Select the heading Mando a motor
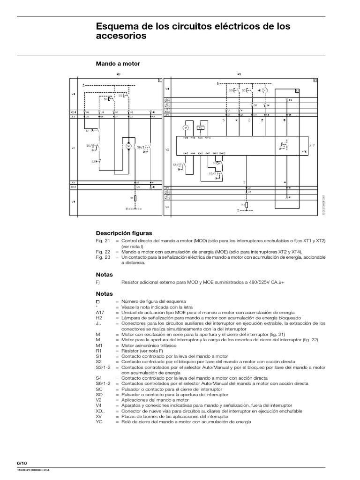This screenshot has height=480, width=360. click(118, 63)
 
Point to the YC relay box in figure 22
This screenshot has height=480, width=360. click(201, 127)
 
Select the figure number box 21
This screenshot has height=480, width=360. click(160, 80)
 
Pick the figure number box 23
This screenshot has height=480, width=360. click(297, 90)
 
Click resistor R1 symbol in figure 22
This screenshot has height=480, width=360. click(247, 205)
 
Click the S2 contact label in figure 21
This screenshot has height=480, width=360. click(93, 162)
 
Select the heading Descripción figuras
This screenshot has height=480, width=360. click(124, 232)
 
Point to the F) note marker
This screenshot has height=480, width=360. click(98, 282)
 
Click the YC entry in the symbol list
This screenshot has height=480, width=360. click(99, 421)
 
